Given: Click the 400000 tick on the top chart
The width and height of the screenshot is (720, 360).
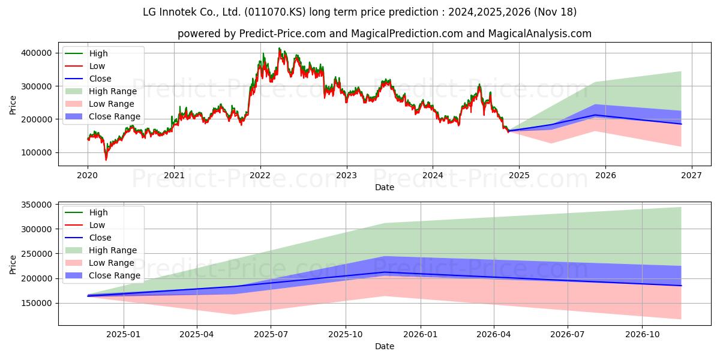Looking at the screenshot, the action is coord(37,53).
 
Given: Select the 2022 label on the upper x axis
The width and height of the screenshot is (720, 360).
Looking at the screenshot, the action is coord(260,175).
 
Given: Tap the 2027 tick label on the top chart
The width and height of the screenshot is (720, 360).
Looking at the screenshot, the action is coord(692,175).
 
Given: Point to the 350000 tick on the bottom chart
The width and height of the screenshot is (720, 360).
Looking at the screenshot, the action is coord(37,205).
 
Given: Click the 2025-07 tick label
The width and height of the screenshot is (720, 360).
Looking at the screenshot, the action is coord(271,335).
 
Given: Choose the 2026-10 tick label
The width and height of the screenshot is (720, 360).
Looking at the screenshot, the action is coord(642,335).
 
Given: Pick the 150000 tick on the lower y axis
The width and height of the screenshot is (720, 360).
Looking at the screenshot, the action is coord(37,303).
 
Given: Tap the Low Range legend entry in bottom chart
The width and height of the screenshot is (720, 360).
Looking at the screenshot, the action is coord(100,263).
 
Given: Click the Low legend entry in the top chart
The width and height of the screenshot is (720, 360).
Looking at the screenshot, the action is coord(85,66).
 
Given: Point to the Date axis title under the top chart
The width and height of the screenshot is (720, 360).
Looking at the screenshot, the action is coord(385,187).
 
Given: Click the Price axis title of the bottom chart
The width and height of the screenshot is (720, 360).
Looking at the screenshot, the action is coord(13,265).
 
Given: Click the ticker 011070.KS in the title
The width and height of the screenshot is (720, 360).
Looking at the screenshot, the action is coord(275,12).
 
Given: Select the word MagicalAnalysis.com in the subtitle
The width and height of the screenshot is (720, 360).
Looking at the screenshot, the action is coord(539,34).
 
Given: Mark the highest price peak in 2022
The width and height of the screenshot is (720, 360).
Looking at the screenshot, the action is coord(280,48).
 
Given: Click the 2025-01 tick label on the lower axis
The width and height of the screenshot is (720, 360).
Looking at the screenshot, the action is coord(124,335).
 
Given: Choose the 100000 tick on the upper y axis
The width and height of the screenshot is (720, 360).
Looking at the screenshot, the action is coord(37,152).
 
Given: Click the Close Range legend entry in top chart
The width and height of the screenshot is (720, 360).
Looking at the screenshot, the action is coord(103,116).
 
